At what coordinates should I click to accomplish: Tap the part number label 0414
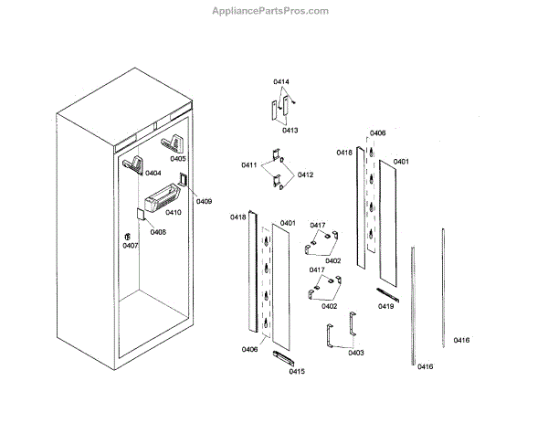pyautogui.click(x=280, y=83)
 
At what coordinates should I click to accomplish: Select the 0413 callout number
pyautogui.click(x=290, y=131)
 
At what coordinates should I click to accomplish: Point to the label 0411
pyautogui.click(x=248, y=164)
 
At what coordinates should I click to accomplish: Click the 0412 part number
pyautogui.click(x=305, y=174)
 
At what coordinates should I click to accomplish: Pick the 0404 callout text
pyautogui.click(x=153, y=173)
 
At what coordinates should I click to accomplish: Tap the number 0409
pyautogui.click(x=204, y=201)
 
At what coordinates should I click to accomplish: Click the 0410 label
pyautogui.click(x=174, y=213)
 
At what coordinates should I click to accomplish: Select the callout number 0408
pyautogui.click(x=158, y=232)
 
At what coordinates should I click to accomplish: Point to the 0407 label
pyautogui.click(x=131, y=246)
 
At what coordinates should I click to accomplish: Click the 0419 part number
pyautogui.click(x=385, y=306)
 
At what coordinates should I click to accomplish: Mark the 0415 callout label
pyautogui.click(x=296, y=372)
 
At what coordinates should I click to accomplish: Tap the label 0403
pyautogui.click(x=355, y=352)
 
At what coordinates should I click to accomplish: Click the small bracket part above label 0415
pyautogui.click(x=279, y=355)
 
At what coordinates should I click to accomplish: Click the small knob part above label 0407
pyautogui.click(x=127, y=236)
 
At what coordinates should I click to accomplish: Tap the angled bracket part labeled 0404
pyautogui.click(x=133, y=164)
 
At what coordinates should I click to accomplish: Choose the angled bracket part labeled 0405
pyautogui.click(x=171, y=144)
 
